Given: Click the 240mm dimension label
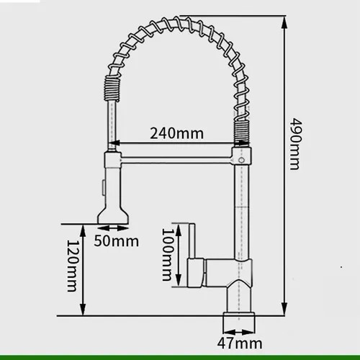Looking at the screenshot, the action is click(x=177, y=133).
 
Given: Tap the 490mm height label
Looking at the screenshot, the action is click(x=294, y=144).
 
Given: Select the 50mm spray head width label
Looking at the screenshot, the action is click(x=117, y=241).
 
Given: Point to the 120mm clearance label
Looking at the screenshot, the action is click(x=72, y=266).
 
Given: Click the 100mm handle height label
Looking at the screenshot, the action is click(x=167, y=255).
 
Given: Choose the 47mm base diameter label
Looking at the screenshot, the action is click(x=240, y=343).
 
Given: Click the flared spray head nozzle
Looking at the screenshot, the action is click(x=113, y=215).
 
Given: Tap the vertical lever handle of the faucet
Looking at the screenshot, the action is click(x=192, y=241).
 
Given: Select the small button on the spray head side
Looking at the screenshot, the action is click(x=104, y=187).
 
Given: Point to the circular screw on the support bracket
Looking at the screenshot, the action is click(x=241, y=159).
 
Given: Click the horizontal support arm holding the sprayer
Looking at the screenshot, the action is click(x=176, y=160).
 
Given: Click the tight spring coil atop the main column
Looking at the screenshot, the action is click(x=242, y=133).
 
